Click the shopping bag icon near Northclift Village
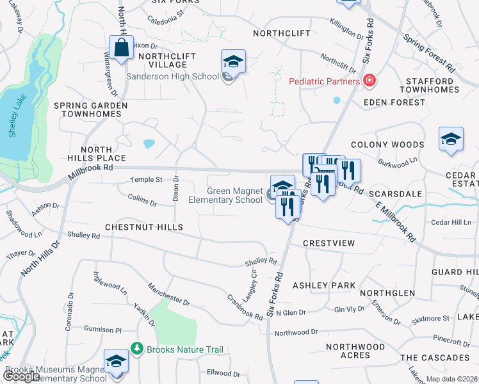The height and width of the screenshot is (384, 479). [121, 47]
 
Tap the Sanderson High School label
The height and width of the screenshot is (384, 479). [172, 77]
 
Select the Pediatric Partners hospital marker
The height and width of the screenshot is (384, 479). [369, 81]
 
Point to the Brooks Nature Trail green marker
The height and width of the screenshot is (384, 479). [136, 349]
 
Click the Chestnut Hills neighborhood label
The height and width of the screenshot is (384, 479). [144, 227]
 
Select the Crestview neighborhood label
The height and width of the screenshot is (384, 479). [329, 244]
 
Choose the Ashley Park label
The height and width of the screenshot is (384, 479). [323, 285]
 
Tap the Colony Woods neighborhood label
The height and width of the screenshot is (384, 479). [387, 145]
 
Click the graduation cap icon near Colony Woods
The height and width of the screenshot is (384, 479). [451, 139]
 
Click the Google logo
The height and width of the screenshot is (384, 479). [21, 376]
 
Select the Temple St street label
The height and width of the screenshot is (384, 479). [146, 180]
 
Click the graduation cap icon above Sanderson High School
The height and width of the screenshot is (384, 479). [232, 61]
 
